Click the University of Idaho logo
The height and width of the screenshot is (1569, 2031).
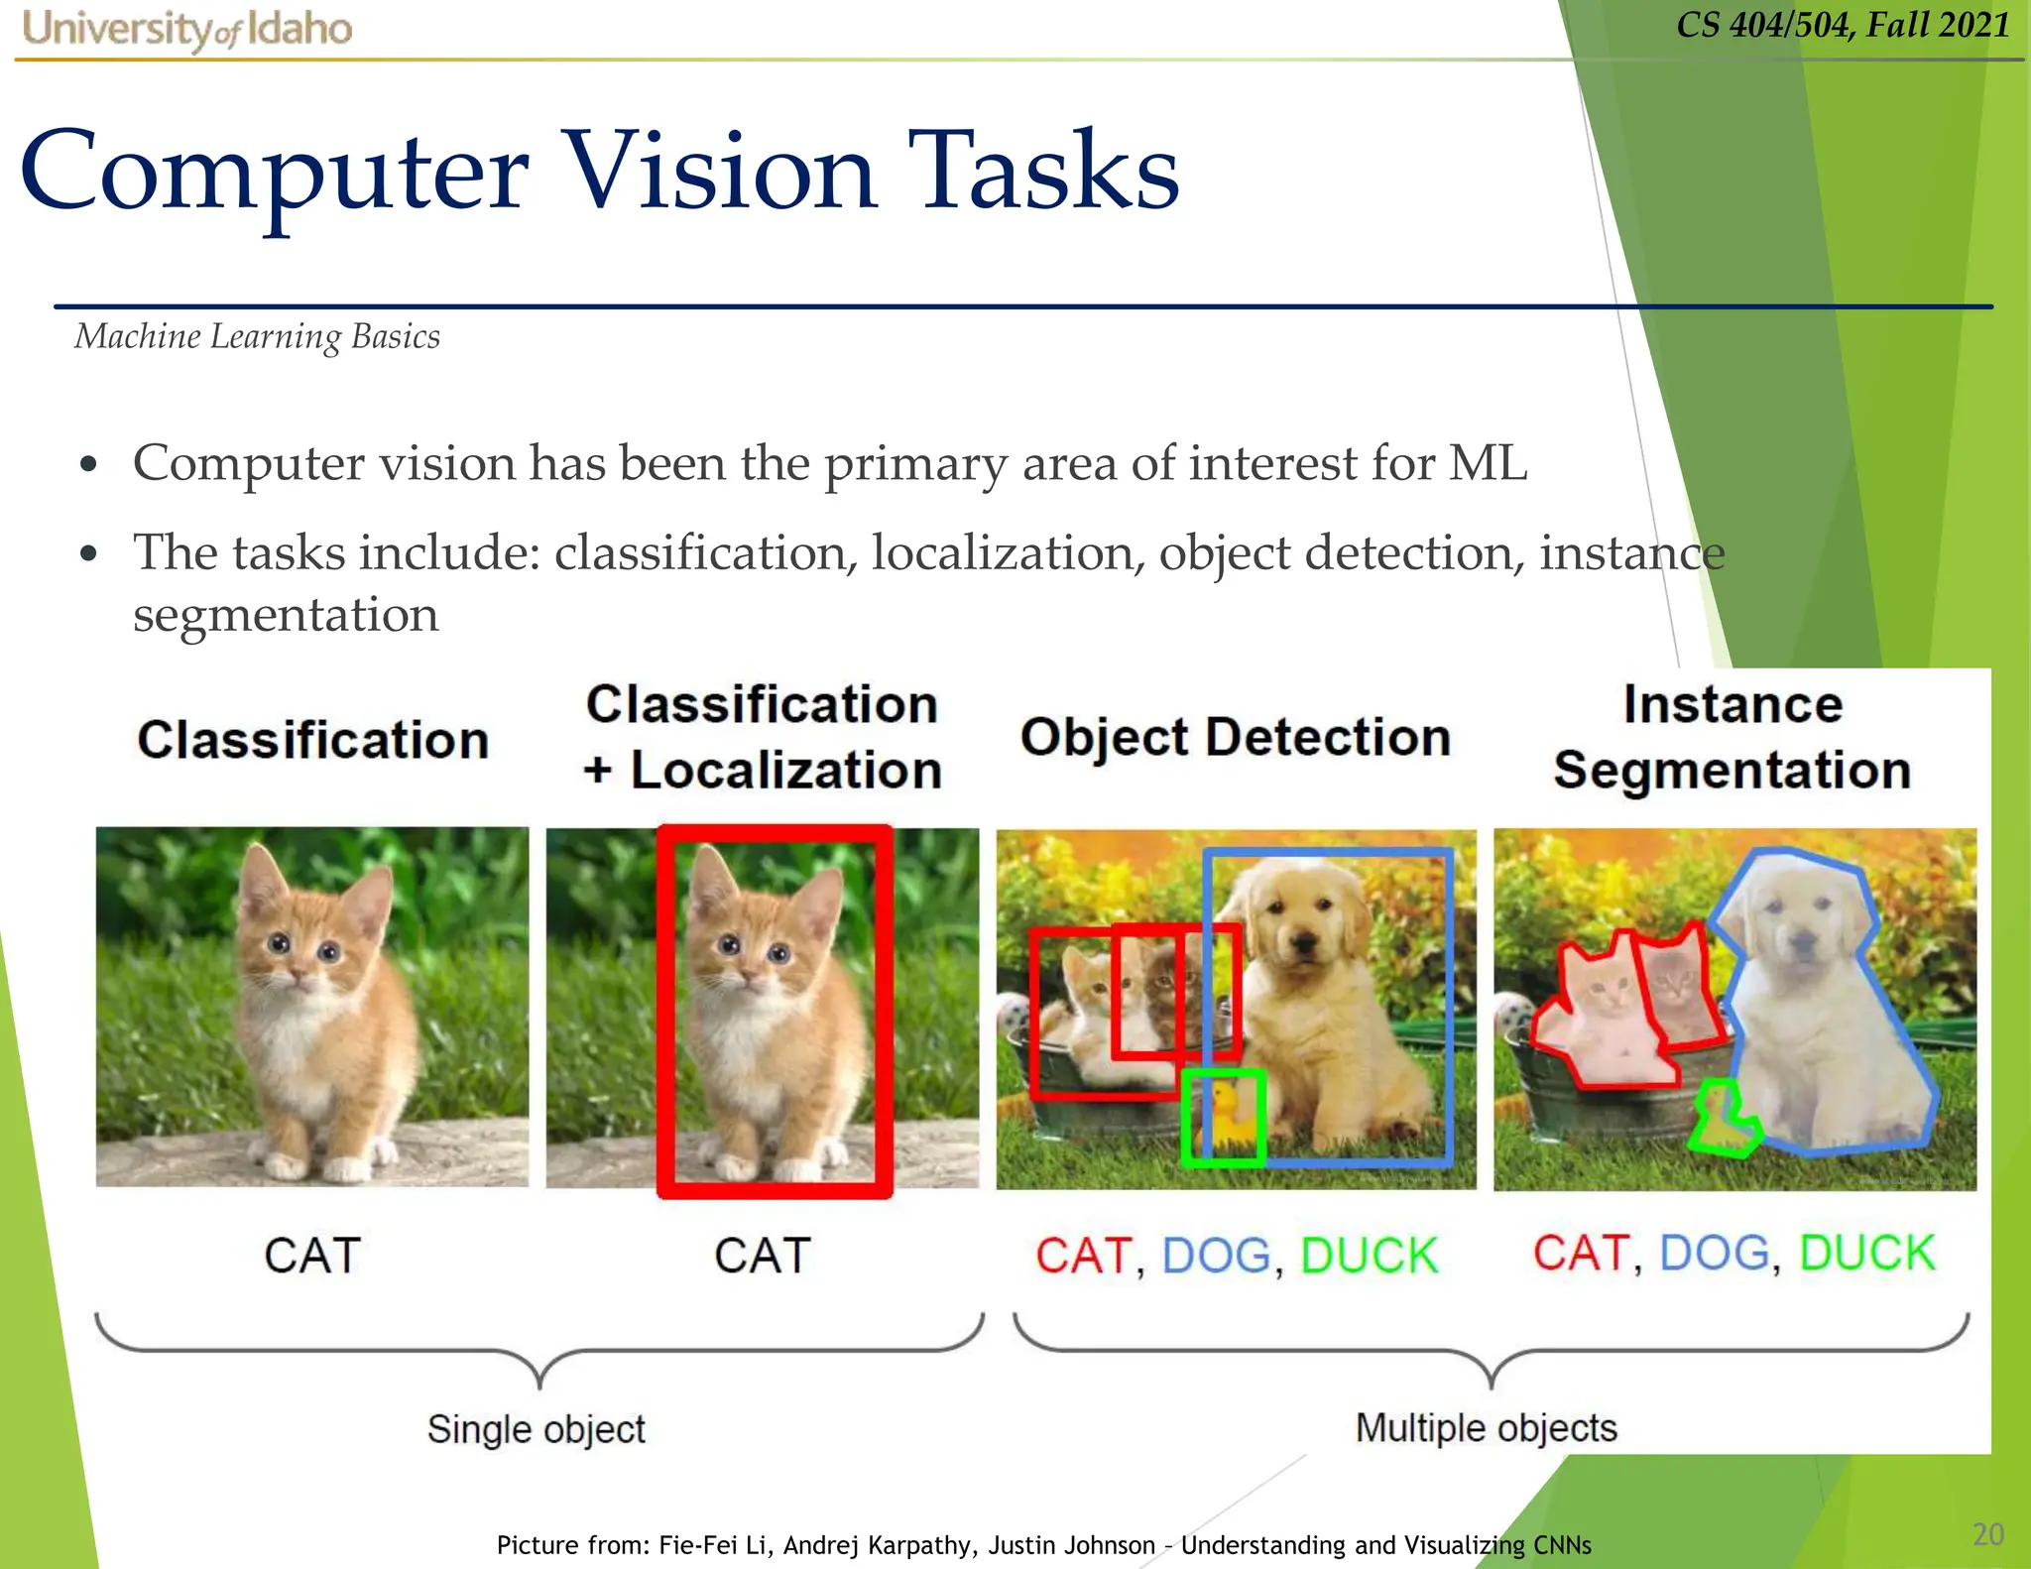point(186,29)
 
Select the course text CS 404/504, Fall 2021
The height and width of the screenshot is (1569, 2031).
point(1843,25)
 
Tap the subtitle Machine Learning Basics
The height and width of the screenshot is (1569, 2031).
point(257,337)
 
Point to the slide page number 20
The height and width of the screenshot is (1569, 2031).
point(1987,1534)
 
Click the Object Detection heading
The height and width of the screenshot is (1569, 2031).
point(1235,738)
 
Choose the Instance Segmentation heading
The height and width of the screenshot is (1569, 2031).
point(1732,737)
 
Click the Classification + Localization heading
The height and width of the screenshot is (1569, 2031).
point(762,737)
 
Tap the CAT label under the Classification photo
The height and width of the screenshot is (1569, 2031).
point(311,1256)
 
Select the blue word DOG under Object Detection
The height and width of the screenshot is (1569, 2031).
point(1216,1256)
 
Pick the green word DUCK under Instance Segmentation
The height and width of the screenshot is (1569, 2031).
point(1866,1253)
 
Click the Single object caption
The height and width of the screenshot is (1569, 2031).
point(536,1429)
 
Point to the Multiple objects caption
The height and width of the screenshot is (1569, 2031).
point(1486,1428)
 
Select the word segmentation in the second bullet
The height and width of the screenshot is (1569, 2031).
point(286,615)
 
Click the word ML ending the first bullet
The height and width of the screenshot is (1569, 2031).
point(1487,463)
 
